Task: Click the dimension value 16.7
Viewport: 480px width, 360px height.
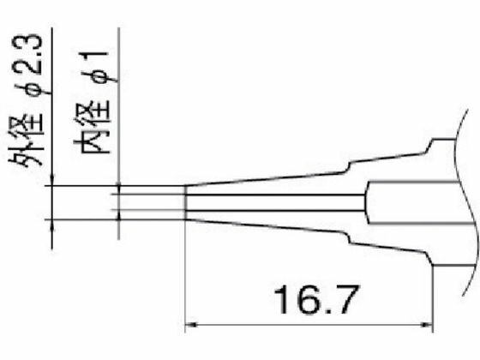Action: [310, 300]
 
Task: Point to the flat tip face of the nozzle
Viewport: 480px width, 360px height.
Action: [186, 203]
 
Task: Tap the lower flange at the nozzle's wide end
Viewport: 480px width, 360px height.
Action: [433, 257]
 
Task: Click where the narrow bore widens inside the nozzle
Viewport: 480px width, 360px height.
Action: [368, 203]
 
